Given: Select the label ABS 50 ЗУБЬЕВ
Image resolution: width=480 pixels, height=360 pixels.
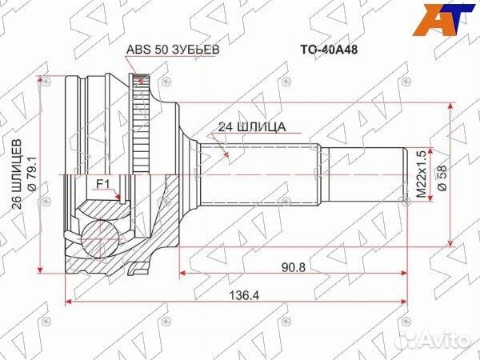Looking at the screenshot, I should pos(173,49).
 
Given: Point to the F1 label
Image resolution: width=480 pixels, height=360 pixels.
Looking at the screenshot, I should pos(102,185).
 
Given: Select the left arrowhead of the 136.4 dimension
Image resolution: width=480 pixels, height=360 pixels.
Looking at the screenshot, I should pos(69,303).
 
